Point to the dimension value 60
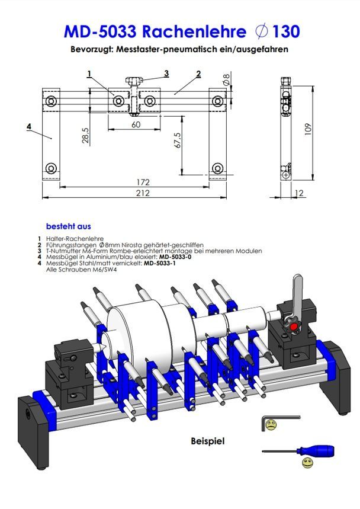coord(136,124)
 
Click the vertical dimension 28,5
coord(85,136)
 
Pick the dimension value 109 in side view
coord(306,129)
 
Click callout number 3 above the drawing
coord(166,73)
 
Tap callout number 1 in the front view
coord(88,74)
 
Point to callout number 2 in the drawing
coord(198,73)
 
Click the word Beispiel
coord(208,441)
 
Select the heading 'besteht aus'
coord(68,226)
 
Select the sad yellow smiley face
coord(271,425)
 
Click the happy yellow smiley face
coord(307,462)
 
